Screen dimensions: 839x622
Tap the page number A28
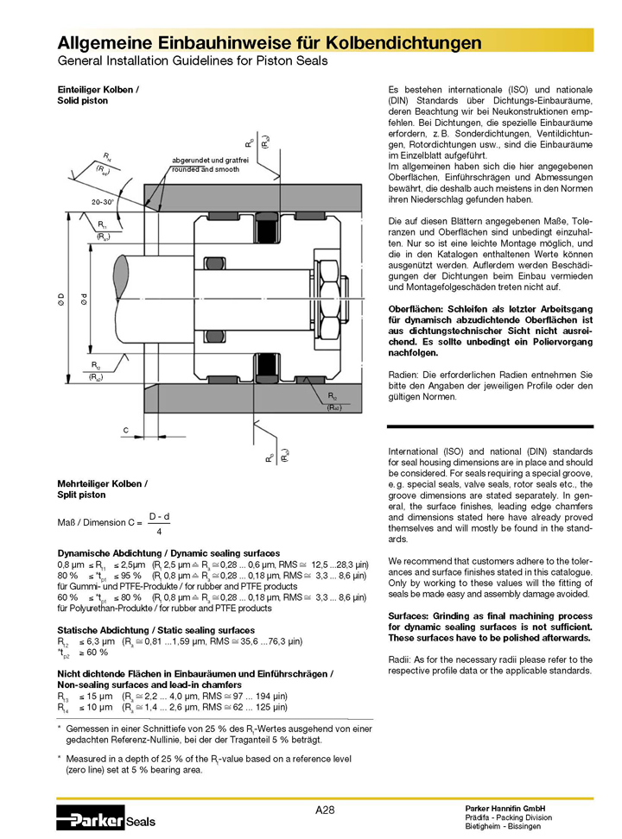(x=325, y=809)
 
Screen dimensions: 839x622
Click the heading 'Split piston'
(x=82, y=495)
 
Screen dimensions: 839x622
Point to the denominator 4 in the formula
(x=159, y=532)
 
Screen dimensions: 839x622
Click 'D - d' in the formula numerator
(x=159, y=515)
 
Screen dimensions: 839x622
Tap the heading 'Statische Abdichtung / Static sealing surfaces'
(x=156, y=631)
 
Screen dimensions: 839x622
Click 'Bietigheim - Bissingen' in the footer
(x=503, y=826)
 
